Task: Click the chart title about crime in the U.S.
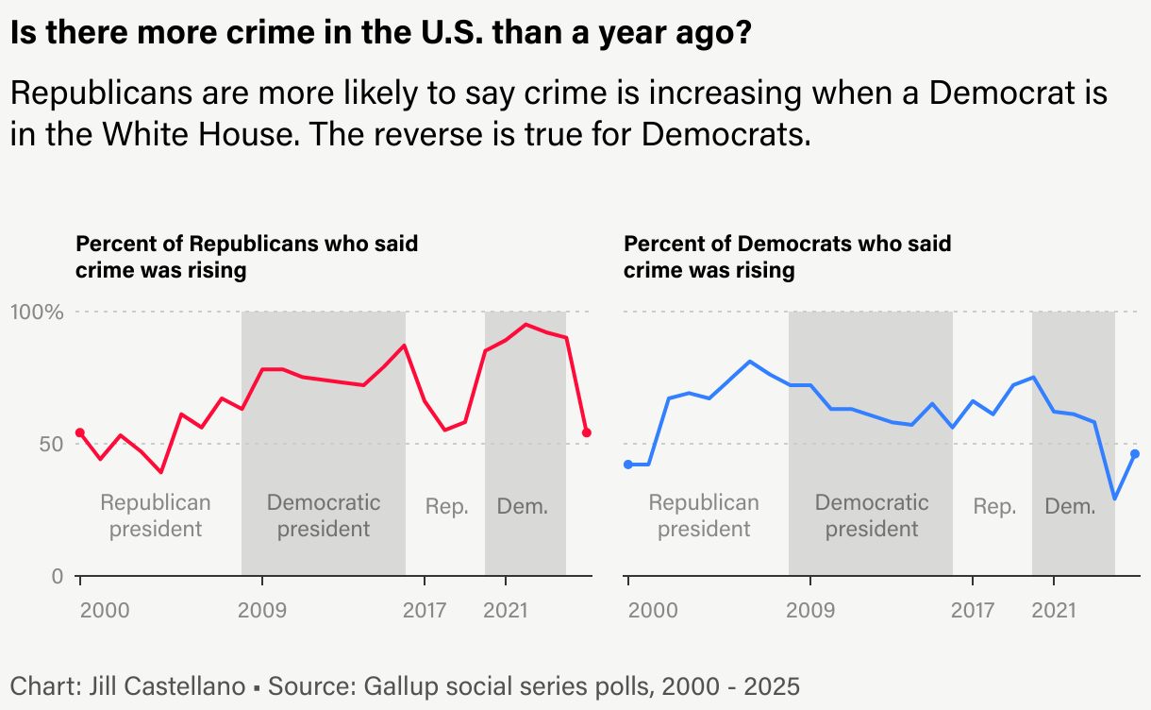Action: [x=381, y=35]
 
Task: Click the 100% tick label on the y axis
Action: [x=36, y=312]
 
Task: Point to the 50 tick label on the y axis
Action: [x=45, y=444]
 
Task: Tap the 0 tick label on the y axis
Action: [x=57, y=576]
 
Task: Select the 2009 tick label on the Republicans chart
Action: [x=262, y=610]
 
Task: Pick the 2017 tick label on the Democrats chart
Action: [x=973, y=610]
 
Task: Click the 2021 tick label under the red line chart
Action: [x=506, y=610]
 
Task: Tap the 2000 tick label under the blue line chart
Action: [x=653, y=610]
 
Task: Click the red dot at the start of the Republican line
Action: [x=80, y=432]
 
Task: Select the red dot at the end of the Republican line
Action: [x=587, y=432]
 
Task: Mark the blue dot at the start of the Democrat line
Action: [x=628, y=465]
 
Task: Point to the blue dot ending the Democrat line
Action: [x=1135, y=454]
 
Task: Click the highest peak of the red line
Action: [x=526, y=325]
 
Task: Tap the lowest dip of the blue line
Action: [x=1115, y=499]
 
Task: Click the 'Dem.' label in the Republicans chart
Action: [x=522, y=507]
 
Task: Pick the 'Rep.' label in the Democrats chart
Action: [x=994, y=507]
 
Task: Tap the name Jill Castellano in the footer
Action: [x=162, y=686]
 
